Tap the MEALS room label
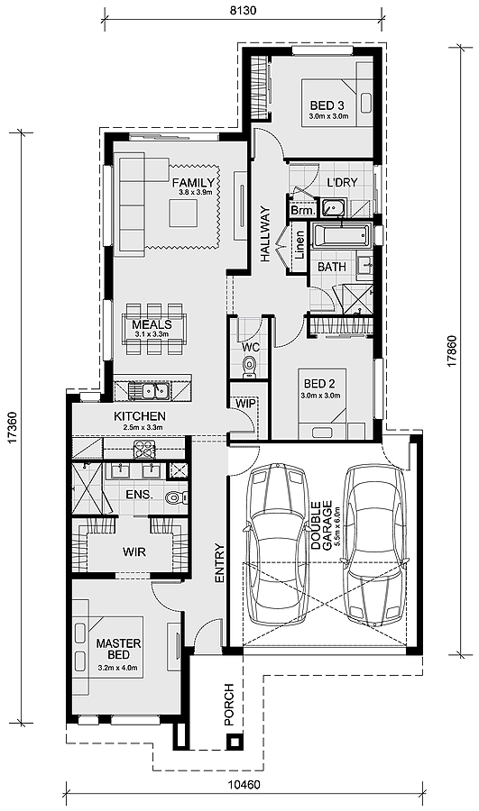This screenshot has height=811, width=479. pyautogui.click(x=152, y=324)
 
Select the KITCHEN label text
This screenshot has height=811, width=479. pyautogui.click(x=138, y=415)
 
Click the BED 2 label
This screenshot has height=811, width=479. pyautogui.click(x=319, y=384)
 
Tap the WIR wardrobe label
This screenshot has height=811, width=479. pyautogui.click(x=134, y=551)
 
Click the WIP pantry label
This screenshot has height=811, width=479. pyautogui.click(x=244, y=404)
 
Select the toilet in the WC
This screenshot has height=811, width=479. pyautogui.click(x=249, y=364)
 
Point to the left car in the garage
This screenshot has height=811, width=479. pyautogui.click(x=279, y=544)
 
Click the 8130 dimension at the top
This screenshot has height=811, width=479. pyautogui.click(x=243, y=10)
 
